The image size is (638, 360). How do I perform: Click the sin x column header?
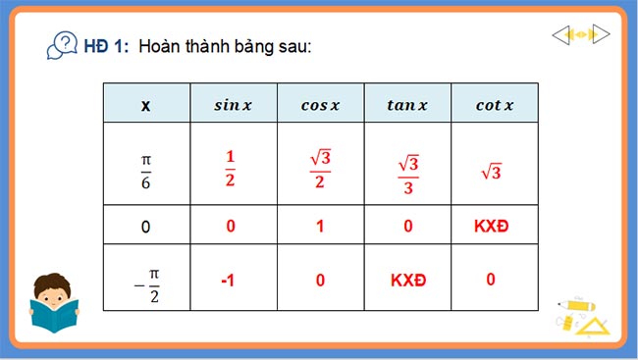tap(233, 105)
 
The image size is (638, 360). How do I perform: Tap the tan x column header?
tap(406, 105)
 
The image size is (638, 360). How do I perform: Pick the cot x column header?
tap(494, 105)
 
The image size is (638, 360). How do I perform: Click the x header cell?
tap(146, 105)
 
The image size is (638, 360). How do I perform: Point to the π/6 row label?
tap(146, 164)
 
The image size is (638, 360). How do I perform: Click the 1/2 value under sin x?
tap(232, 164)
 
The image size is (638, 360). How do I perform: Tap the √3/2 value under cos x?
tap(320, 164)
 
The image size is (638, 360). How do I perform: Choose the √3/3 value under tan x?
tap(406, 172)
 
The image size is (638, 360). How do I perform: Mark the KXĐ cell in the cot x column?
tap(494, 226)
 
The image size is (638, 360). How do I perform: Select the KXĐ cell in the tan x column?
tap(406, 280)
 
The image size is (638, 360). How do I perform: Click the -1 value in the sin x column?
tap(228, 280)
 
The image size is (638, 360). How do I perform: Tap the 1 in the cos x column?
tap(320, 226)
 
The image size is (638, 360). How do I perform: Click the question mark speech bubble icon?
tap(64, 45)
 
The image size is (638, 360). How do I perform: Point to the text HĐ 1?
tap(106, 46)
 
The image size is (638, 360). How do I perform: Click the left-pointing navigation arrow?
tap(560, 35)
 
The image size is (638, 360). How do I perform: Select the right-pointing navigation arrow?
tap(601, 35)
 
